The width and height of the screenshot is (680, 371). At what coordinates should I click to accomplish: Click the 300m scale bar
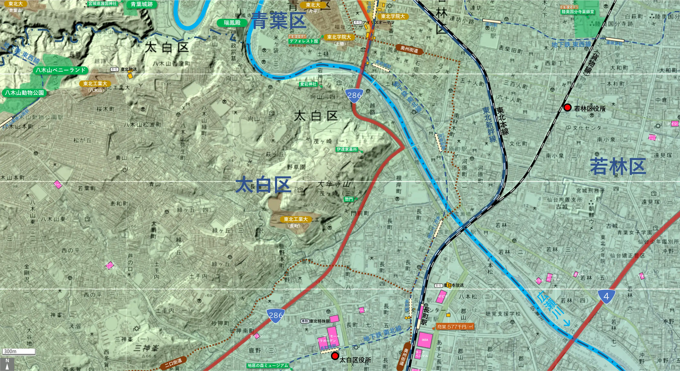click(x=19, y=351)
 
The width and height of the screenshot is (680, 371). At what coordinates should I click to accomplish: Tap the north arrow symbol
click(x=7, y=364)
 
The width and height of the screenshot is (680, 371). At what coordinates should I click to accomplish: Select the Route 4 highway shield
click(x=606, y=296)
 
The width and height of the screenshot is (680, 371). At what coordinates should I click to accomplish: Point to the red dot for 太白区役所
click(x=335, y=356)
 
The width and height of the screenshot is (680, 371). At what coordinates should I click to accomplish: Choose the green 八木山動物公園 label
click(x=24, y=93)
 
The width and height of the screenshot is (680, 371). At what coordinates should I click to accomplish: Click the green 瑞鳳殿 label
click(x=232, y=23)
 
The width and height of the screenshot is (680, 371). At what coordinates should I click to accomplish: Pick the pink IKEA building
click(x=425, y=340)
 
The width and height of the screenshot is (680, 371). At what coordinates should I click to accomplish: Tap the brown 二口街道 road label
click(x=174, y=363)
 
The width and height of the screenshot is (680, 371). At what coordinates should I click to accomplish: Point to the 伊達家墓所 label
click(x=347, y=150)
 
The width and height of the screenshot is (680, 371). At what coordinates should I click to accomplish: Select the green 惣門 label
click(x=349, y=199)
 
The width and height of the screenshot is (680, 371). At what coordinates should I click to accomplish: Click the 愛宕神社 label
click(x=308, y=84)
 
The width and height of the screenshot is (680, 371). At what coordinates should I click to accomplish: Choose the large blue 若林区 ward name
click(x=618, y=167)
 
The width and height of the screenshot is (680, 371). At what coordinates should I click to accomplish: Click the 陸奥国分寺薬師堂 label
click(x=578, y=12)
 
